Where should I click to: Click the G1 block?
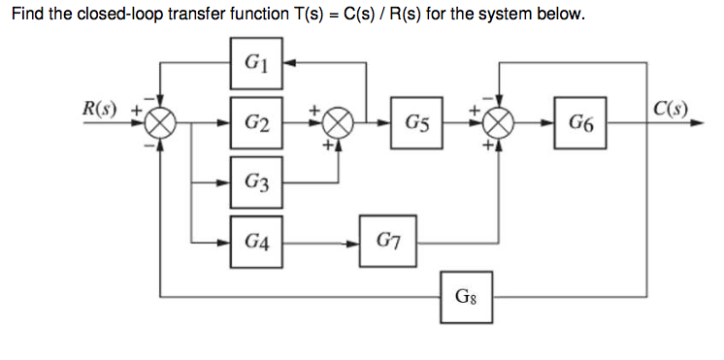coord(256,65)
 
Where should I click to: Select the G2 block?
coord(256,123)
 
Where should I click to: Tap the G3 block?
coord(256,181)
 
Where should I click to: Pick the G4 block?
coord(256,240)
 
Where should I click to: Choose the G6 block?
coord(581,123)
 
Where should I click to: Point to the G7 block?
coord(386,240)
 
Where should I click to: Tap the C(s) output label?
coord(669,107)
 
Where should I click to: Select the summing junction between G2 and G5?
coord(339,123)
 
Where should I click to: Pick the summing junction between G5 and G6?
coord(499,123)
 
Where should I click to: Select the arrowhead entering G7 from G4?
coord(355,240)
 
